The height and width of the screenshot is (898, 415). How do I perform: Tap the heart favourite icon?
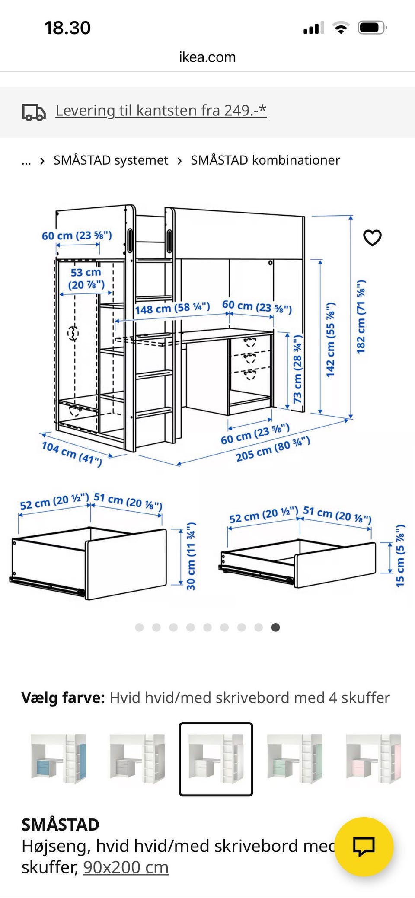click(x=372, y=238)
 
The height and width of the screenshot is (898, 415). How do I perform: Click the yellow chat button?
click(x=364, y=847)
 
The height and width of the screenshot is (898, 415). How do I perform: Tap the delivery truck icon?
click(x=34, y=112)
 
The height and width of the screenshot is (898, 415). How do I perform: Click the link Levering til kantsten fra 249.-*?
click(x=161, y=111)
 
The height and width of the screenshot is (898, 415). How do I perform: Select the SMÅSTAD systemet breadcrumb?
click(x=111, y=160)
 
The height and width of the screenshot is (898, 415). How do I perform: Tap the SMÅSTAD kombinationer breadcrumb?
click(x=265, y=160)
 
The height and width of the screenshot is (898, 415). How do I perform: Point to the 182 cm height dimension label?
click(x=361, y=317)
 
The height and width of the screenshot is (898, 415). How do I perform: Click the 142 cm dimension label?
click(x=330, y=339)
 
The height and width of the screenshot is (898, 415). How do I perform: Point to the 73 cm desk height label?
click(x=298, y=369)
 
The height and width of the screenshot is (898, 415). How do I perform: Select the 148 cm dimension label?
click(x=172, y=309)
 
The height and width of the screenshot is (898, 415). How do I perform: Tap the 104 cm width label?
click(x=72, y=454)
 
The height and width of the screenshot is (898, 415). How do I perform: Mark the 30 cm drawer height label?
click(x=191, y=556)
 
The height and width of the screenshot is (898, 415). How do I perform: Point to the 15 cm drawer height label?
click(x=400, y=555)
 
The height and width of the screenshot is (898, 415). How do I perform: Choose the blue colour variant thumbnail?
click(x=58, y=759)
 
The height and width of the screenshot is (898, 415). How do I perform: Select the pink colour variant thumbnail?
click(x=373, y=759)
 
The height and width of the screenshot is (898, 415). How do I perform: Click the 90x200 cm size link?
click(x=126, y=867)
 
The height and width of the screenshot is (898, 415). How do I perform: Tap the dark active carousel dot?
click(x=275, y=627)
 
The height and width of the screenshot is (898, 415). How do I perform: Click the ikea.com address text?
click(x=207, y=57)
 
